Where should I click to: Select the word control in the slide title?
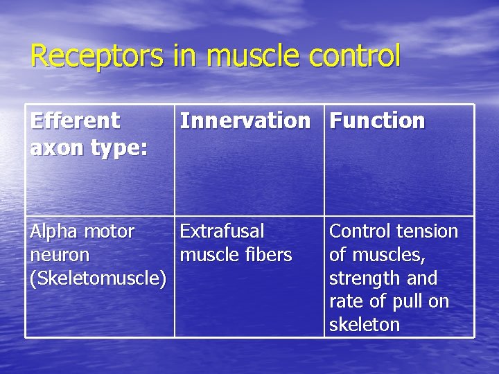[356, 55]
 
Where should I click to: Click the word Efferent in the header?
[75, 121]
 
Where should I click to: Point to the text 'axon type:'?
[89, 148]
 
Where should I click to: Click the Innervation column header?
[245, 121]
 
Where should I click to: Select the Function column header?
[377, 121]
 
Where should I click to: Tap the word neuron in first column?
[60, 255]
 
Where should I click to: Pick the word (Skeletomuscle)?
[98, 278]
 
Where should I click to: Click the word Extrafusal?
[222, 231]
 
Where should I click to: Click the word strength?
[363, 278]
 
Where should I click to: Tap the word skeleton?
[365, 325]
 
